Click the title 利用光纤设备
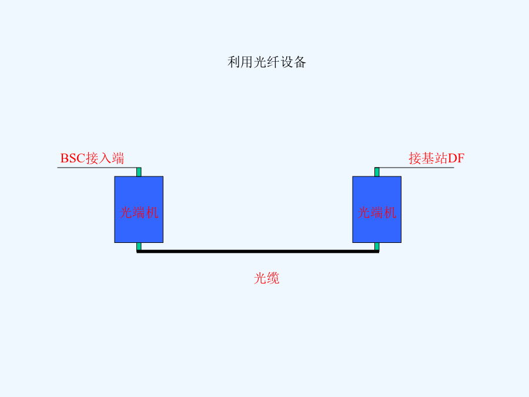coord(266,62)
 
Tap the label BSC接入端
coord(92,158)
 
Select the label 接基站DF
coord(437,158)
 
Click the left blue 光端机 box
coord(139,209)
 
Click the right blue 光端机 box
coord(377,209)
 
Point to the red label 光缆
coord(266,278)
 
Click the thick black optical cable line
coord(258,251)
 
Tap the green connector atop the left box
coord(139,172)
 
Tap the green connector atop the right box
coord(377,172)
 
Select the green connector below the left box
coord(139,246)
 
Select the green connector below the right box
coord(377,246)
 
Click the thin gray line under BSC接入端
coord(97,168)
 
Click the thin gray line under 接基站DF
coord(416,168)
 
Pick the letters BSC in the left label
coord(73,158)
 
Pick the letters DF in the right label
coord(456,158)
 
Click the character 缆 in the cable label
coord(273,278)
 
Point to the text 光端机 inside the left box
coord(139,213)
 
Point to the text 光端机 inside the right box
coord(377,213)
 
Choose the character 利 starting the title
coord(234,62)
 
